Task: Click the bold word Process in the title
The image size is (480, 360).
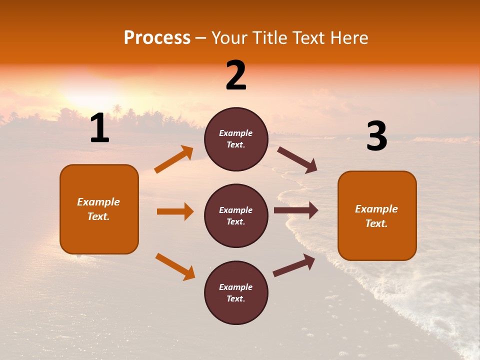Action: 157,38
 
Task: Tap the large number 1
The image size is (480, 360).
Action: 99,128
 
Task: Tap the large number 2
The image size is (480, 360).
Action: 236,75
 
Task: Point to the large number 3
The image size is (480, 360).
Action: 376,136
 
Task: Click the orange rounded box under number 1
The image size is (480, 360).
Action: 99,209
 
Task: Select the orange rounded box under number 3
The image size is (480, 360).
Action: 377,215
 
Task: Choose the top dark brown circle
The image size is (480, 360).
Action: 236,139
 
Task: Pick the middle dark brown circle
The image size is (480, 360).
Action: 236,215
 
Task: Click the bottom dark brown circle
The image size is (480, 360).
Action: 236,292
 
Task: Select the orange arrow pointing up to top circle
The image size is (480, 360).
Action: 174,159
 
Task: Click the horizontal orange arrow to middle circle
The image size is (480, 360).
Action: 175,211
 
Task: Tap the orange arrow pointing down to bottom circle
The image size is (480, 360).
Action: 175,266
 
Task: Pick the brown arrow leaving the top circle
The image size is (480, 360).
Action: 297,159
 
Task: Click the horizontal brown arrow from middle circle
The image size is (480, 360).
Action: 296,210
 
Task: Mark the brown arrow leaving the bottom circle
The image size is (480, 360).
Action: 294,265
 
